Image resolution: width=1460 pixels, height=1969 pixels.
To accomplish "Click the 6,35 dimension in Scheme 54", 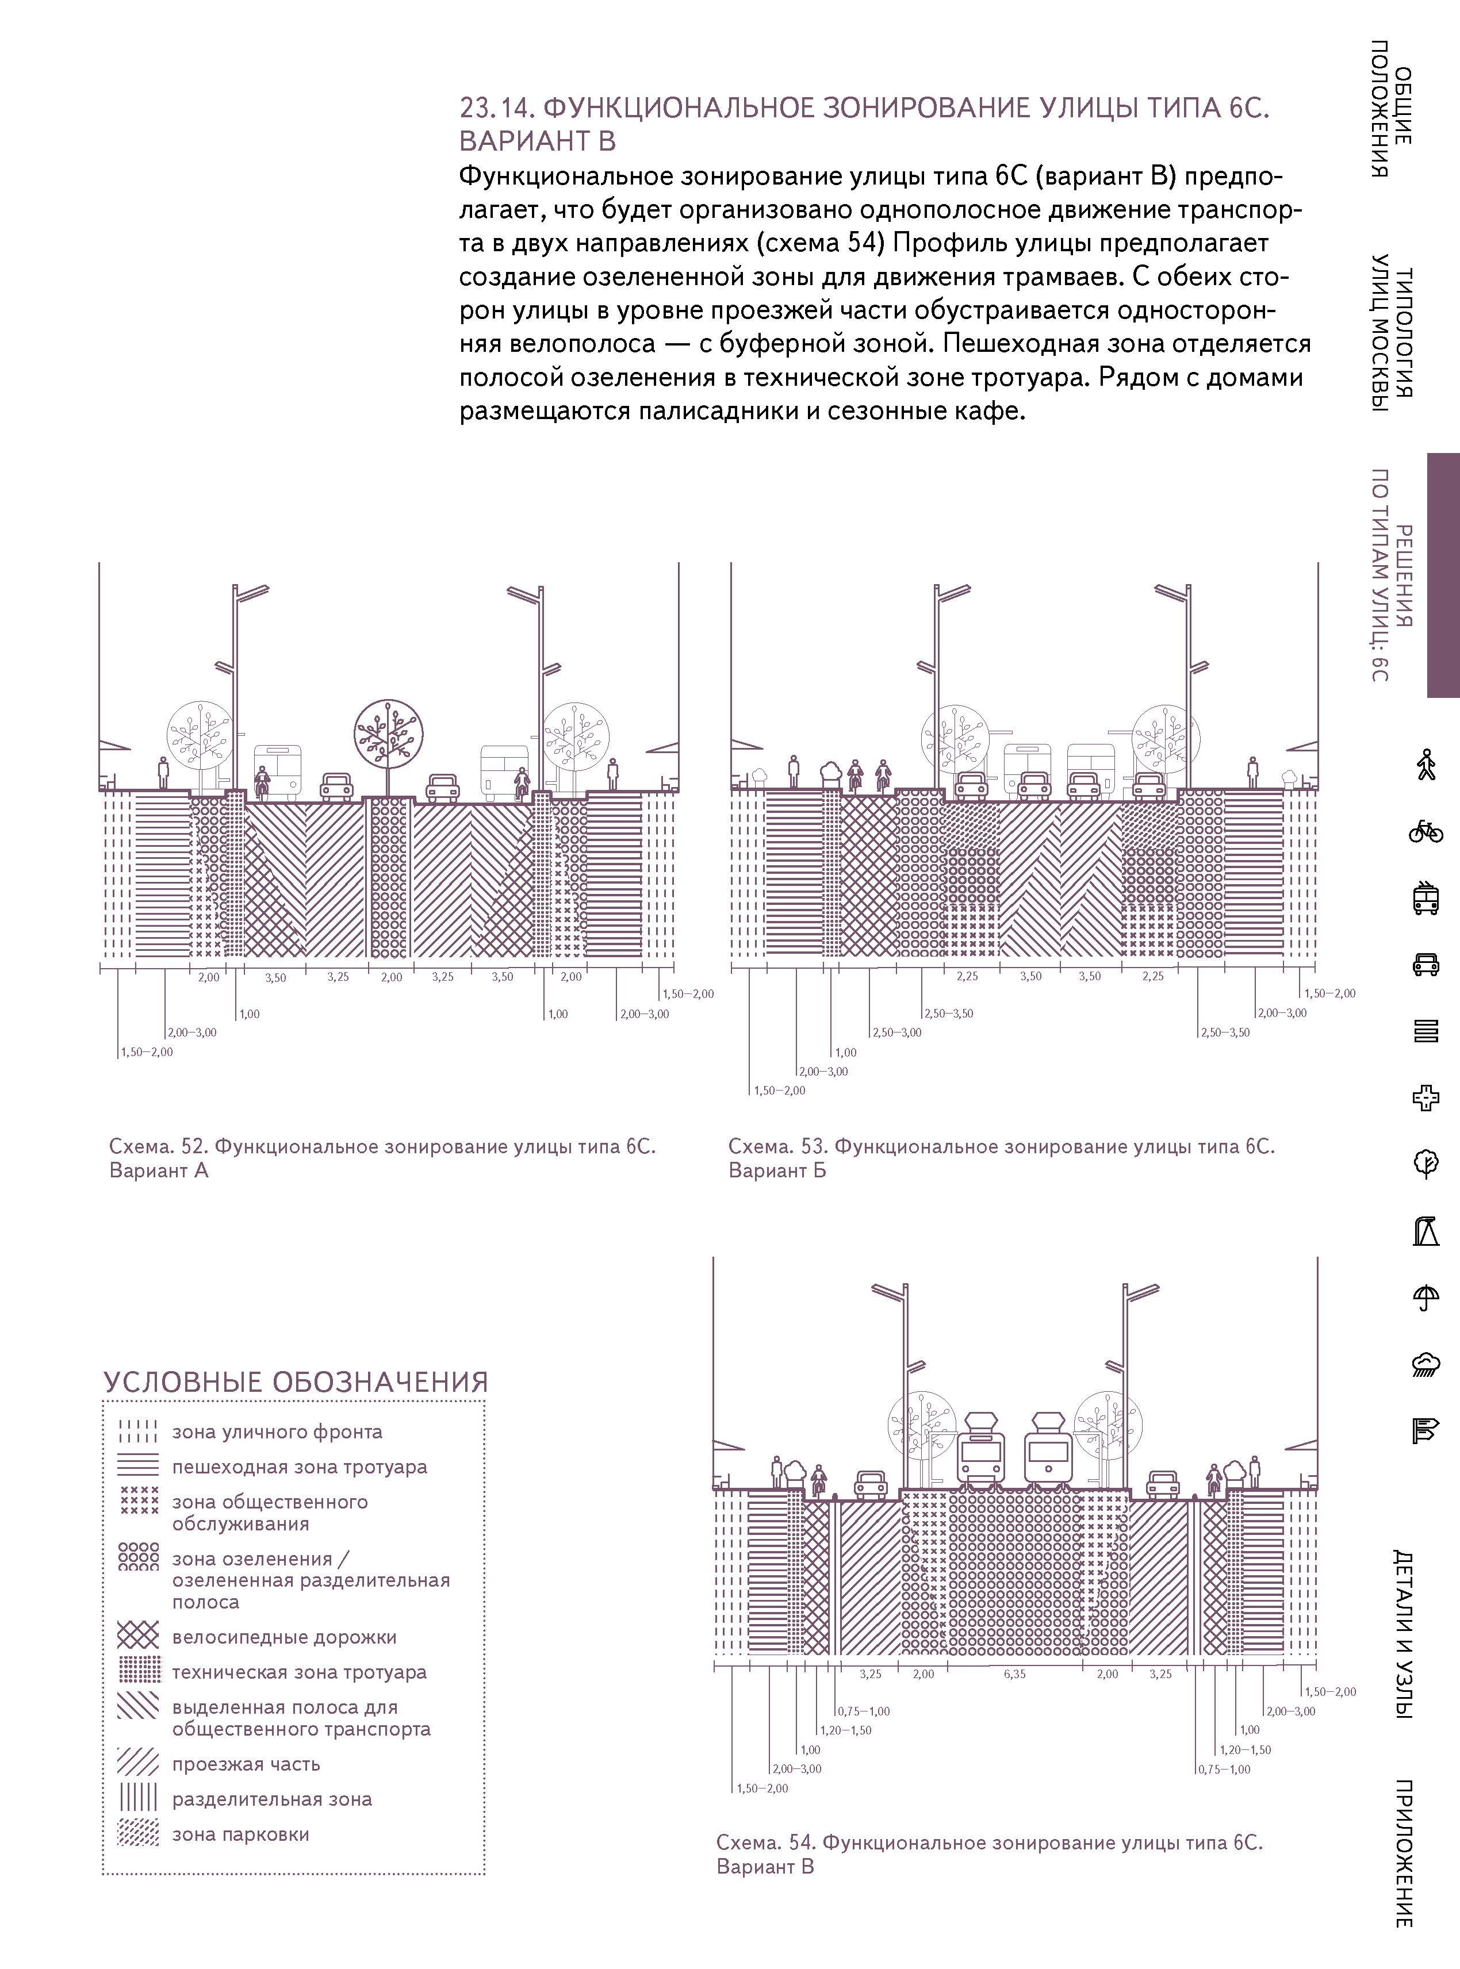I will click(1014, 1675).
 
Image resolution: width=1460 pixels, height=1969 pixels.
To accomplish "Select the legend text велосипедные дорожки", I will click(283, 1637).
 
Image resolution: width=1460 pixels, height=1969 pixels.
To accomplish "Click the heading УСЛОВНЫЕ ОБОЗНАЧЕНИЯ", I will click(295, 1383).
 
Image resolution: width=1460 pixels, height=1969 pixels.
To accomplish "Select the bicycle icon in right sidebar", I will click(1425, 831).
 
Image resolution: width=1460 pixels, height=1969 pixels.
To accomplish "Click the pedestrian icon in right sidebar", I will click(1425, 765).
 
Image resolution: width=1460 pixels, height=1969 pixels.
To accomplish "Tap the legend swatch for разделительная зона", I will click(138, 1798).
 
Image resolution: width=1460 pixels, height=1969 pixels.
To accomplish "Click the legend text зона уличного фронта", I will click(277, 1432).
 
